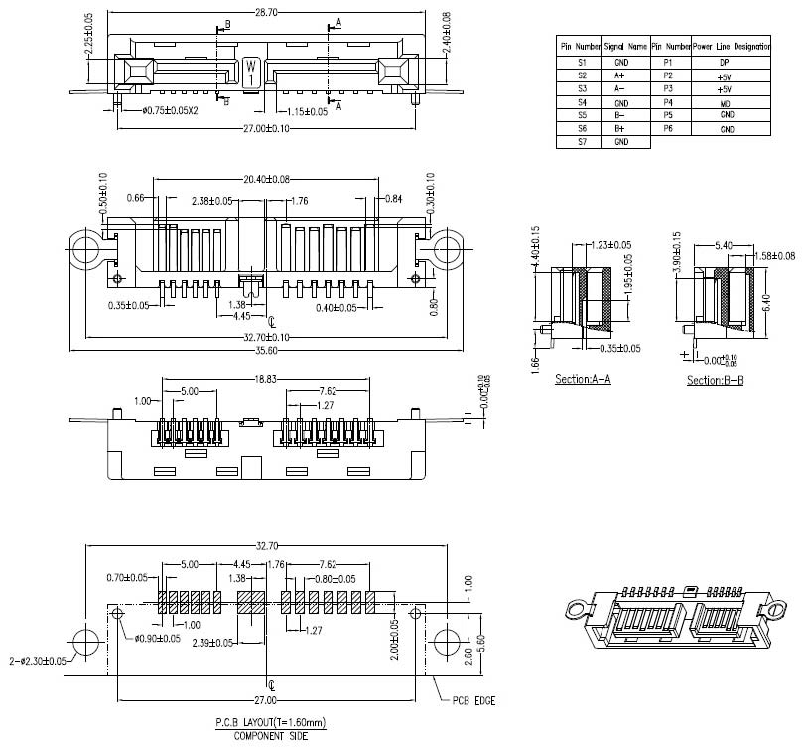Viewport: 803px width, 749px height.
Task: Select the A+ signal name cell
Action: tap(619, 75)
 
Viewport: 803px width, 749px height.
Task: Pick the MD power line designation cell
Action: tap(726, 102)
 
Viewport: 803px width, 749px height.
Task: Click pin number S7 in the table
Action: tap(582, 142)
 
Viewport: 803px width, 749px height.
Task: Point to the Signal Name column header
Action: tap(625, 47)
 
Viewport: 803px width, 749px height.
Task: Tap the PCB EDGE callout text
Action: tap(471, 701)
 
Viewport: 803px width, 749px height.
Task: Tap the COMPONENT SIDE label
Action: tap(271, 736)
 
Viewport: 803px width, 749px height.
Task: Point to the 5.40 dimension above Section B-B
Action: tap(724, 244)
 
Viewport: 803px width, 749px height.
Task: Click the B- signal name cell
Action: tap(619, 115)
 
